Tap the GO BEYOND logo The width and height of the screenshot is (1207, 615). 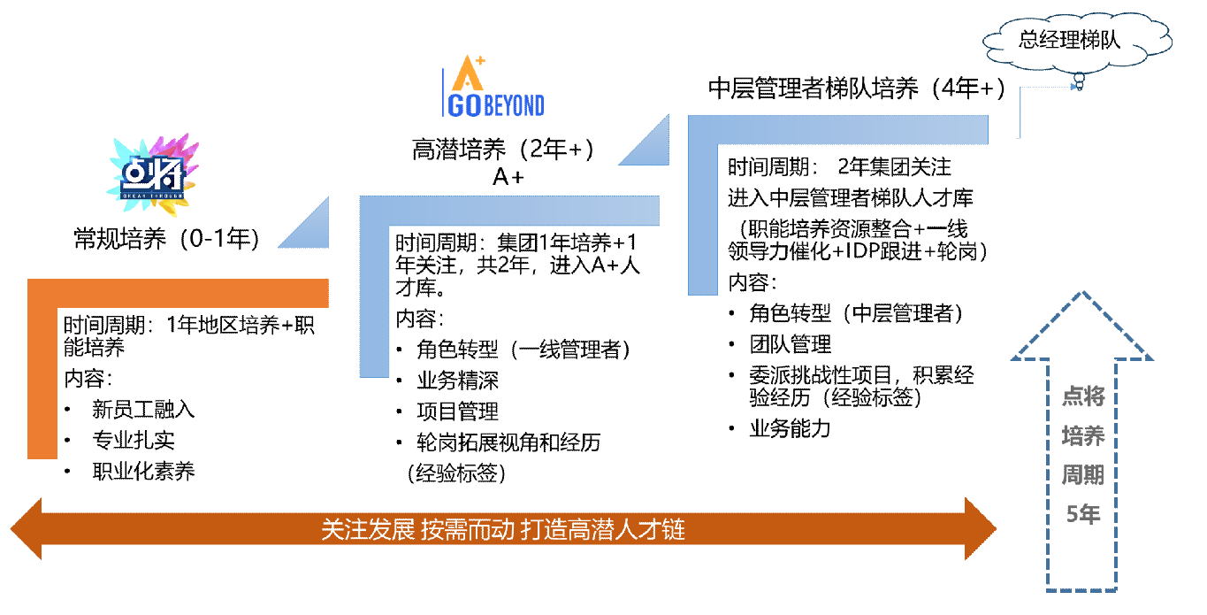493,86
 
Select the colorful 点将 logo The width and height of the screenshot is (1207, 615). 153,174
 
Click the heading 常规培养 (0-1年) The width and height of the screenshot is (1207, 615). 166,238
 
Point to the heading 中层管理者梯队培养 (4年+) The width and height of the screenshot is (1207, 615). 856,88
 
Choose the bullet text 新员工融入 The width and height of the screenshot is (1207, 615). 143,409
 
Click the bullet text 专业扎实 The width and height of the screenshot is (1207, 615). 134,440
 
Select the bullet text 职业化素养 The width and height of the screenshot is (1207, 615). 143,471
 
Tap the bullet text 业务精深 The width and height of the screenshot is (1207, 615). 457,381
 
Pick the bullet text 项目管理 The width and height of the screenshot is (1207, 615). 457,411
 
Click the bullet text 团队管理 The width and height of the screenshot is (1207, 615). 790,344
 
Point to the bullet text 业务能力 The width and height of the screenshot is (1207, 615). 790,428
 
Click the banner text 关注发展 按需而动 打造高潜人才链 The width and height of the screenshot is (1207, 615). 503,529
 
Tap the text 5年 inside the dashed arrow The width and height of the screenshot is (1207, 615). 1083,514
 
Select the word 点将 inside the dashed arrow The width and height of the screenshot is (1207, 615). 1083,396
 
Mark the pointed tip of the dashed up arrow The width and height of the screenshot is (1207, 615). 1082,293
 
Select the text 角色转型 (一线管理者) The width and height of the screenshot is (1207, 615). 523,350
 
